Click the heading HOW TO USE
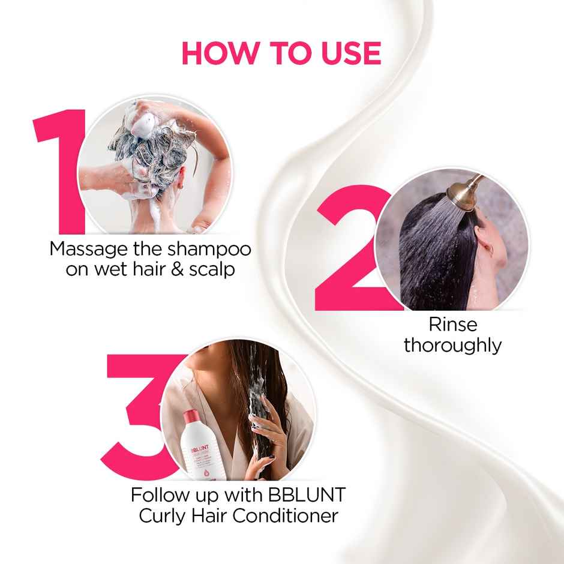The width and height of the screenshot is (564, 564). [x=281, y=53]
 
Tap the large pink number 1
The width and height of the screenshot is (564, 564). [x=60, y=168]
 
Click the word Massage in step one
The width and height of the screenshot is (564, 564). [x=89, y=249]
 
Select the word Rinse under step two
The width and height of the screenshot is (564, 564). [x=452, y=325]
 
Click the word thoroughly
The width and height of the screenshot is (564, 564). [x=452, y=346]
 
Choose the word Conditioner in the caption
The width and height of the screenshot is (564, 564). [x=287, y=515]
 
